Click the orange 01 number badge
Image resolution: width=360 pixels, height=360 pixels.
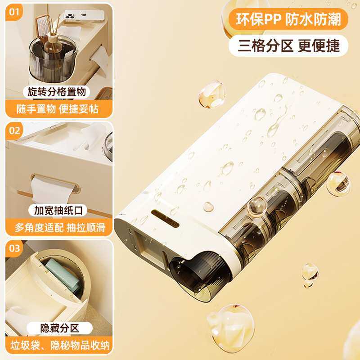click(15, 12)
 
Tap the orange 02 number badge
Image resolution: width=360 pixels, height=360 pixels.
click(15, 130)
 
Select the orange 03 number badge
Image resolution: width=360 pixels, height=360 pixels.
click(15, 248)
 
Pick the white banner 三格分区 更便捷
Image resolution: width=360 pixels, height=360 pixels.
click(288, 45)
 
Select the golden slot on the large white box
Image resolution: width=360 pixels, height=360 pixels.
click(166, 213)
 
